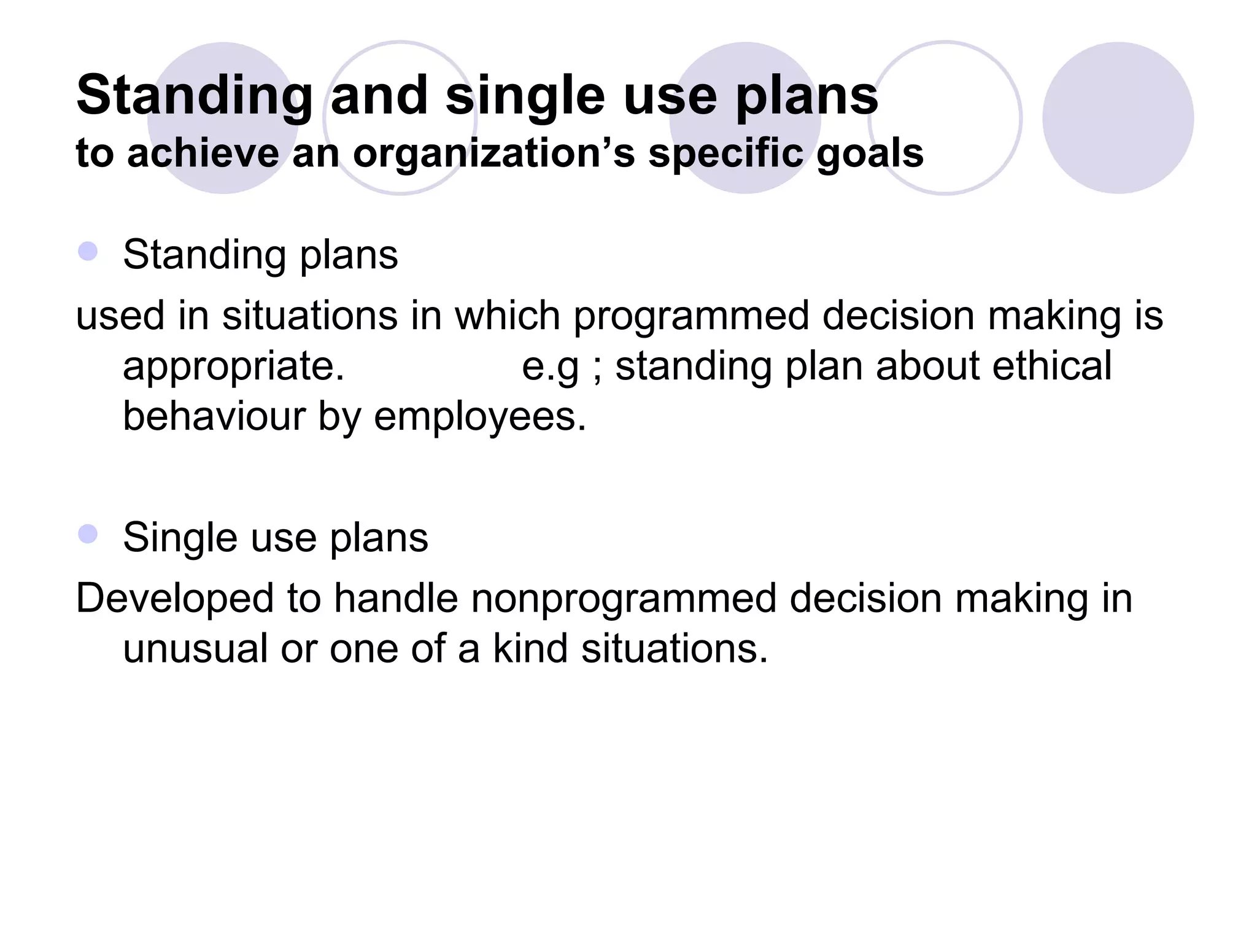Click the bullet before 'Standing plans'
[88, 252]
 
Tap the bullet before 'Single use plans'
[88, 534]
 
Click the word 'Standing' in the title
[195, 96]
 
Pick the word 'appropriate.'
[234, 367]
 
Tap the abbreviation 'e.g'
[550, 367]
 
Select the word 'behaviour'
[214, 416]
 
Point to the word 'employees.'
[480, 417]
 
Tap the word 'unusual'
[195, 649]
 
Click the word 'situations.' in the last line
[675, 649]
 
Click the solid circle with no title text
[1118, 118]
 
